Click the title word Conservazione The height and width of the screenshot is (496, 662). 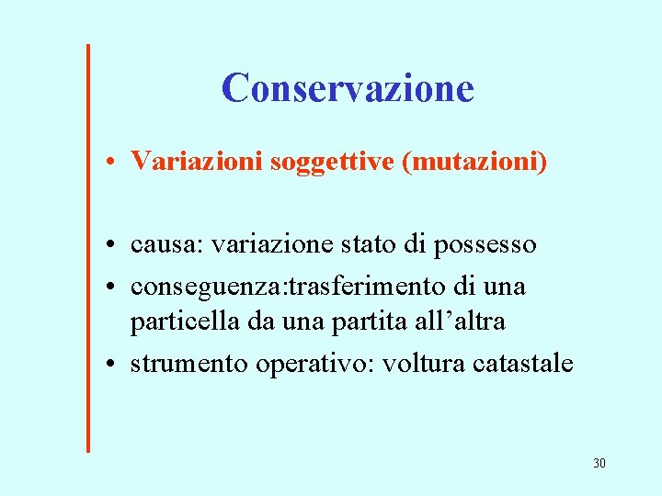pyautogui.click(x=348, y=88)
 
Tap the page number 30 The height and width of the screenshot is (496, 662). pyautogui.click(x=599, y=463)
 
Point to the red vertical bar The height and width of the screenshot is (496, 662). pyautogui.click(x=88, y=248)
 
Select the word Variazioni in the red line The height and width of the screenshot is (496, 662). pyautogui.click(x=195, y=162)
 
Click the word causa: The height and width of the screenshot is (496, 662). pyautogui.click(x=168, y=245)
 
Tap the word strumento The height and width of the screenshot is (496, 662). pyautogui.click(x=189, y=364)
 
